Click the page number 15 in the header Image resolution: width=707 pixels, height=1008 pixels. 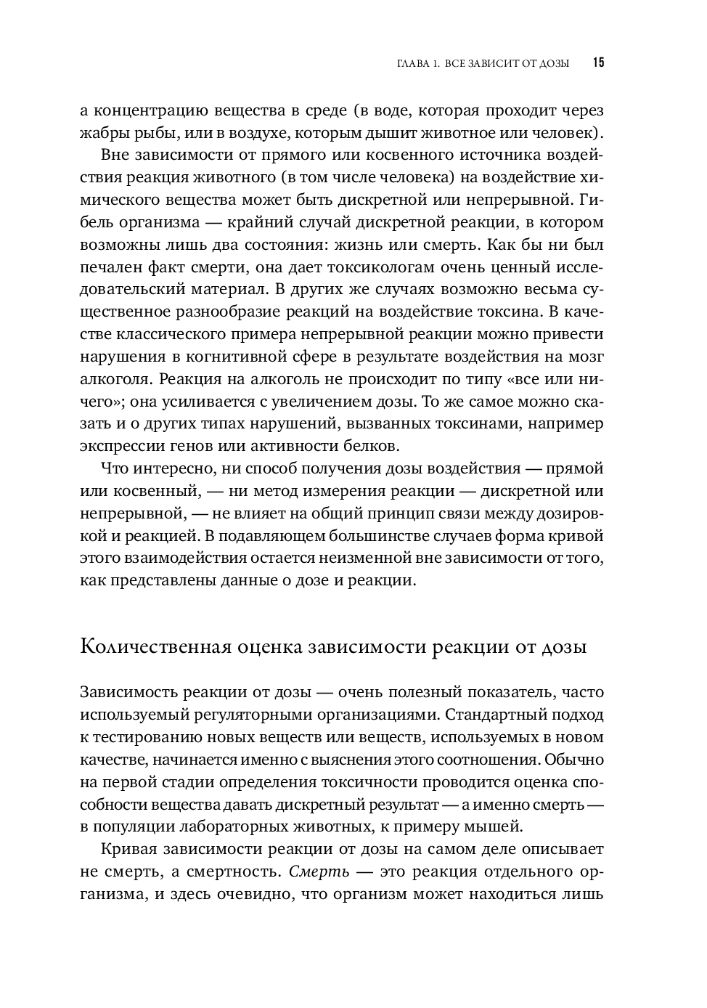598,62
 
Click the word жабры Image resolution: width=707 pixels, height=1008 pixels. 103,133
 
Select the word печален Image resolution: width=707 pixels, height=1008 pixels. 109,267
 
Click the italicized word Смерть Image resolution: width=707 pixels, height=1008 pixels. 319,871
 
